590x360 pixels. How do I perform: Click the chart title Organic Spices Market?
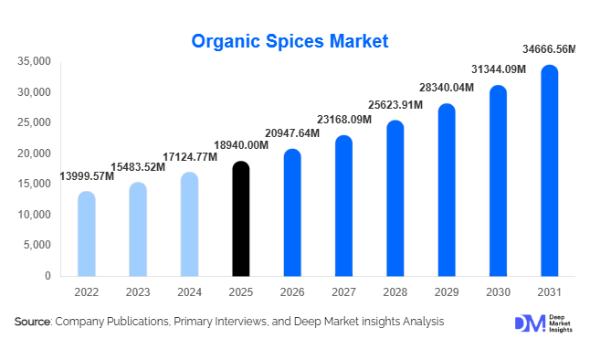(x=290, y=41)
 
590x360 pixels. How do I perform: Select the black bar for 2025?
(x=240, y=219)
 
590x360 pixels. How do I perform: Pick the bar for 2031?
(x=549, y=171)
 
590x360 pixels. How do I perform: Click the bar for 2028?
(x=395, y=198)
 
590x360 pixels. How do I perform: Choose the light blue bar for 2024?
(x=189, y=224)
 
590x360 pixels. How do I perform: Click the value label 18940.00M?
(x=240, y=144)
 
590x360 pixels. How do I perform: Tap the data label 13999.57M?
(x=87, y=175)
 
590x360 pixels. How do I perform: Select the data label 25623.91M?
(x=395, y=104)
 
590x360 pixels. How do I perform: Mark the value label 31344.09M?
(x=498, y=69)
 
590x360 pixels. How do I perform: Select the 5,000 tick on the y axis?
(x=37, y=245)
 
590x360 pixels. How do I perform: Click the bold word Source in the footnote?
(x=33, y=322)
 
